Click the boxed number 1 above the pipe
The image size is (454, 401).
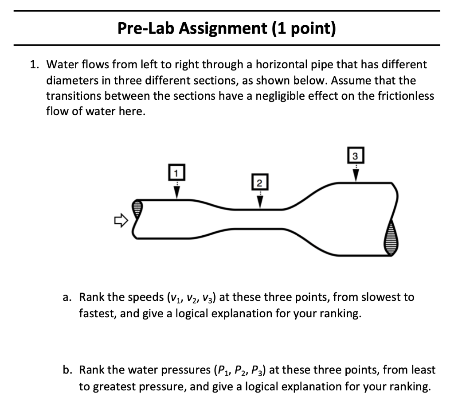[x=176, y=172]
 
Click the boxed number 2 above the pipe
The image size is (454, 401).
[x=260, y=183]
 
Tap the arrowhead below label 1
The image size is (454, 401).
[x=176, y=191]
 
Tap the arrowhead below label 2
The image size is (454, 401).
[x=260, y=202]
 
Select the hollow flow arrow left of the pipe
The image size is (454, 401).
[x=120, y=219]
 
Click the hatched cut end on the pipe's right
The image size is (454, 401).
[x=391, y=237]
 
